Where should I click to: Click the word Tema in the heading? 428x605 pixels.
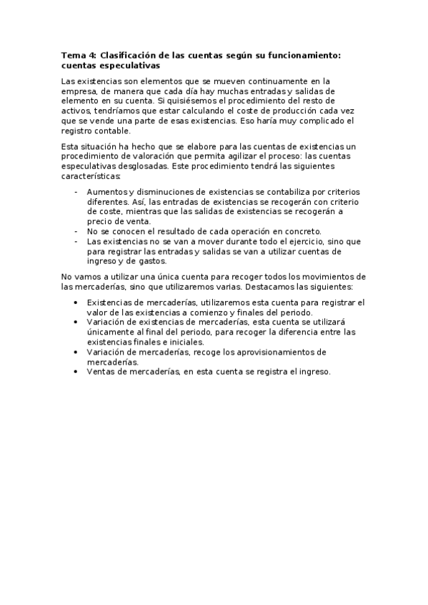pos(73,55)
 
